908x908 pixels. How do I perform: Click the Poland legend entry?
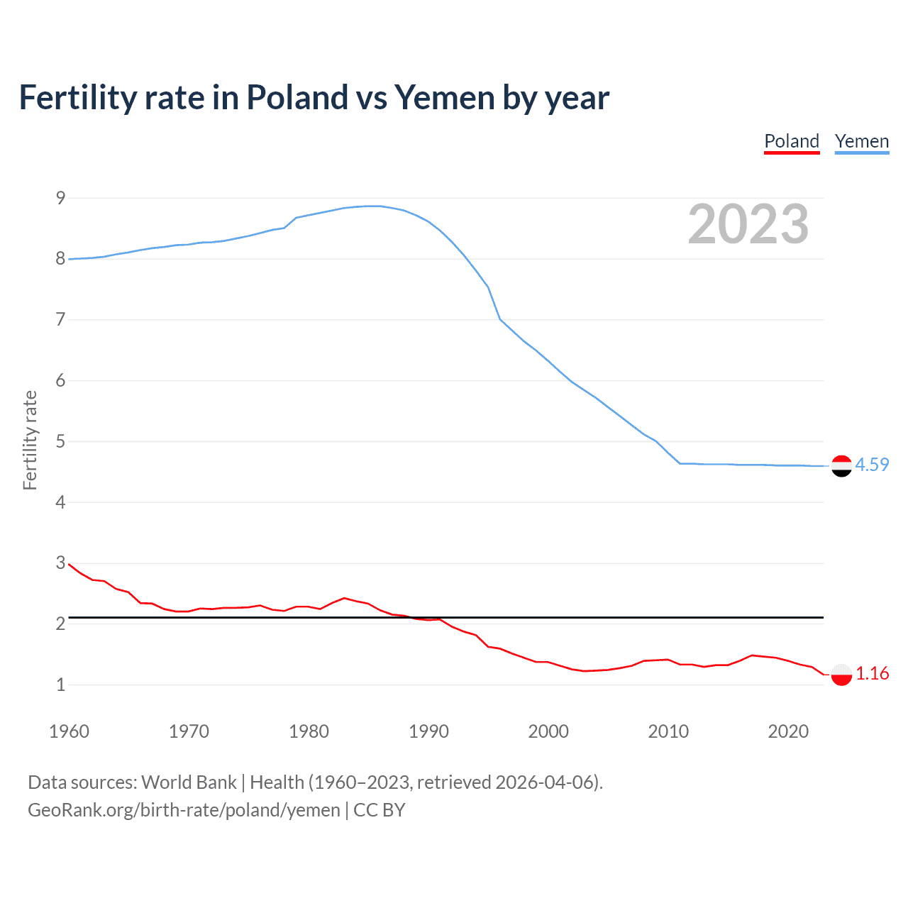792,141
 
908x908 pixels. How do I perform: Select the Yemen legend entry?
862,141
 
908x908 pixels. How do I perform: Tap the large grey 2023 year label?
748,224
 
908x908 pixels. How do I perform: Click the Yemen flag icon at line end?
841,466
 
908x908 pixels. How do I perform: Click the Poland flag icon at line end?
841,674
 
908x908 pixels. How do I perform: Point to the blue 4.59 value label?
872,465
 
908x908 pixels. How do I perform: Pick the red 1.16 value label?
872,673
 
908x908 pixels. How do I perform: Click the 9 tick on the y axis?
60,198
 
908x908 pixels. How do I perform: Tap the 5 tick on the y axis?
60,441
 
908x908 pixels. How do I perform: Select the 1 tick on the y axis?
60,685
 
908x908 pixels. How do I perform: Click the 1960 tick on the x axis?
69,731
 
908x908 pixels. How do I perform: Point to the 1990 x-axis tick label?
428,731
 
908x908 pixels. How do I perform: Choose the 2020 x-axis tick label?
788,731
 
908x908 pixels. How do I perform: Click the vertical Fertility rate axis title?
30,440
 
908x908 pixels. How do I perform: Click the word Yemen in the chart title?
445,97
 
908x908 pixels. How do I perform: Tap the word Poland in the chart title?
297,97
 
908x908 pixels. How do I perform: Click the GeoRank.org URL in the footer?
184,810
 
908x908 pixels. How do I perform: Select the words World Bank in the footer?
189,782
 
